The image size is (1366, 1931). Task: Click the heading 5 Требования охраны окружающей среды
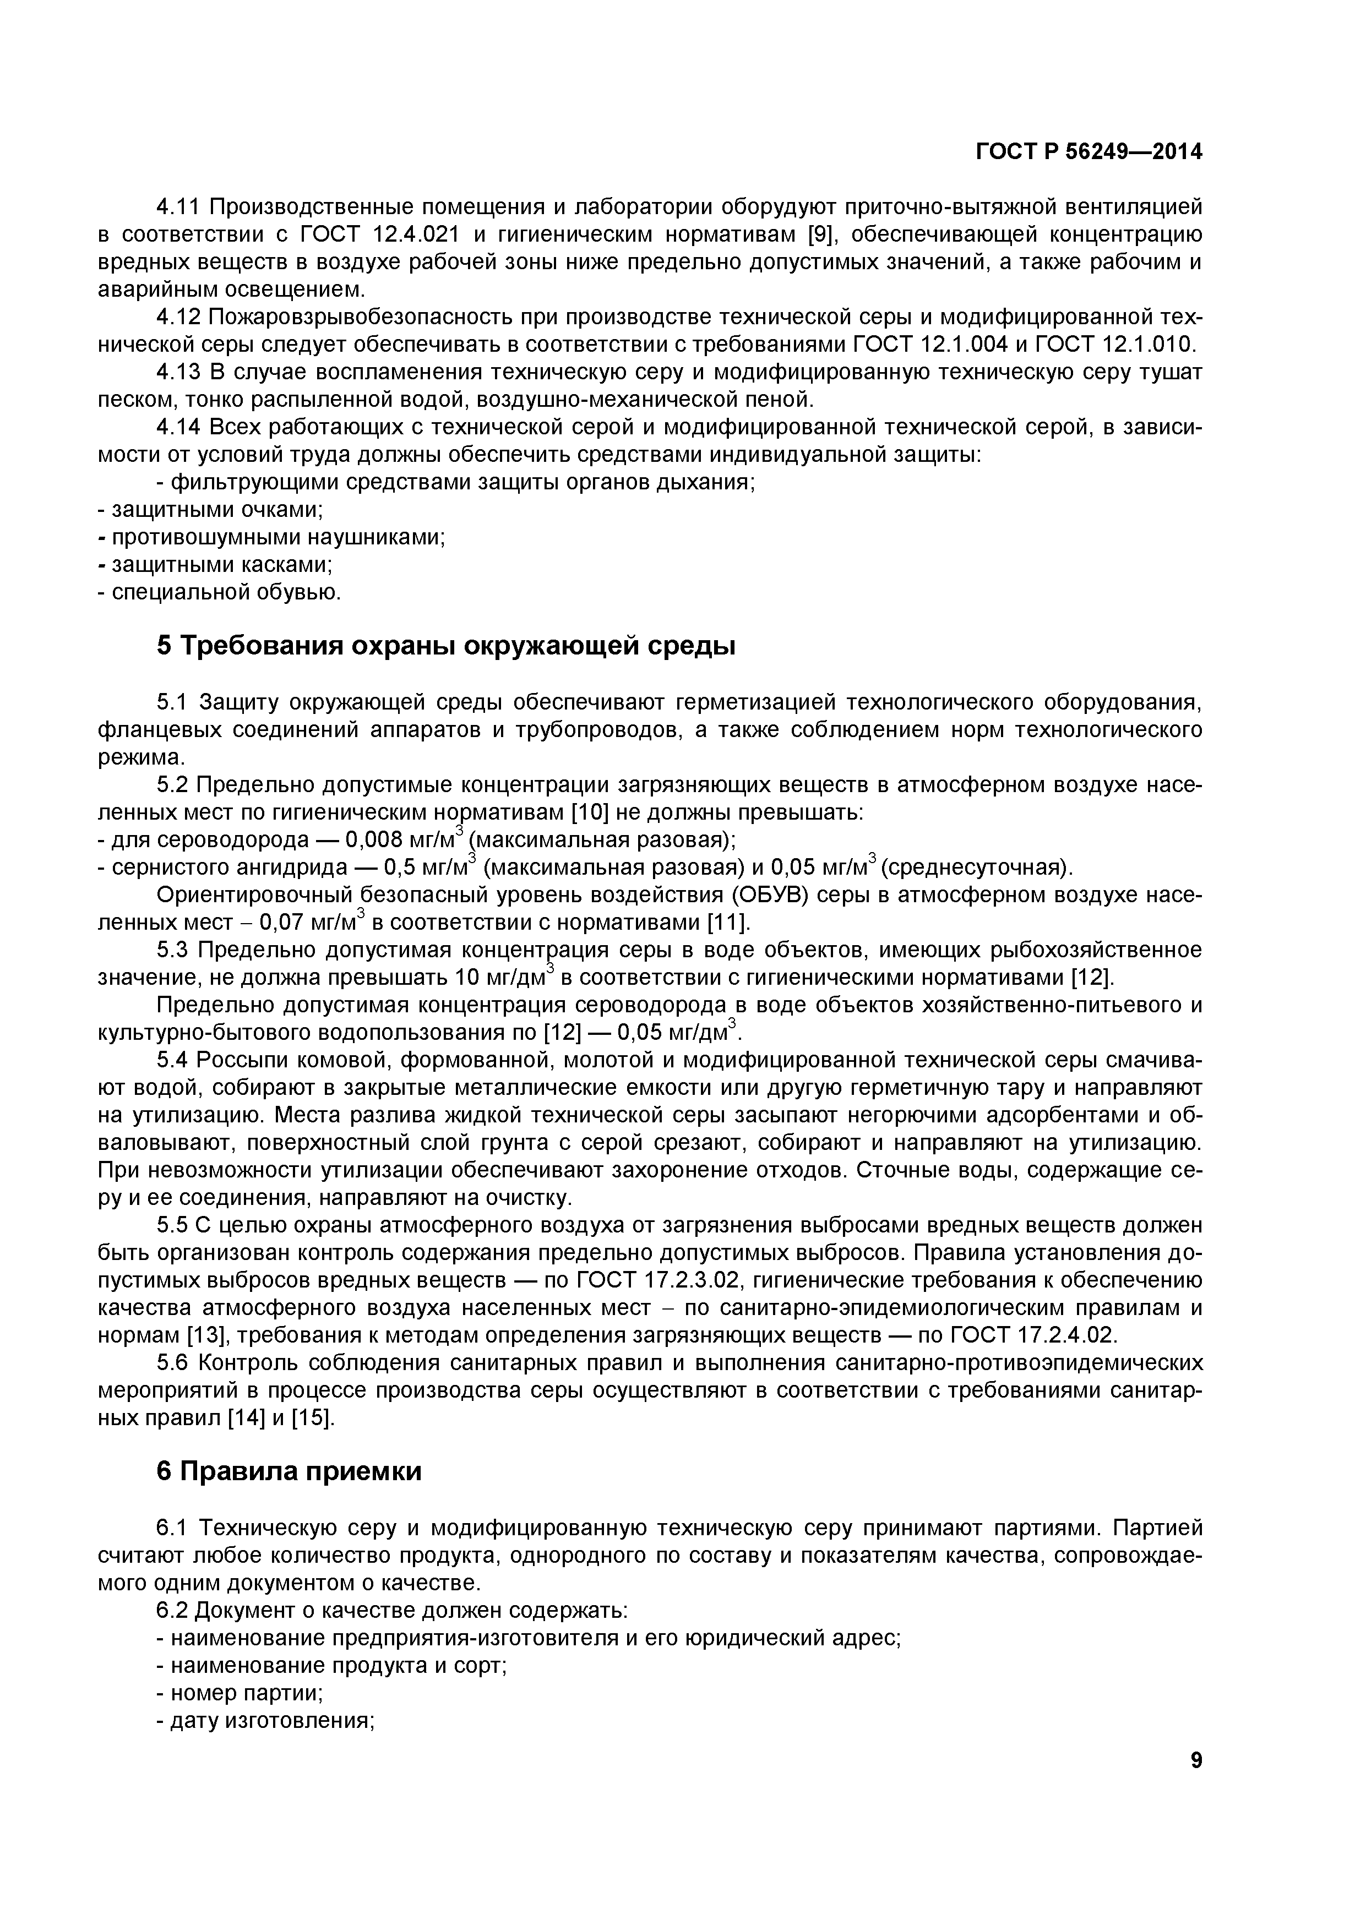point(446,646)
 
